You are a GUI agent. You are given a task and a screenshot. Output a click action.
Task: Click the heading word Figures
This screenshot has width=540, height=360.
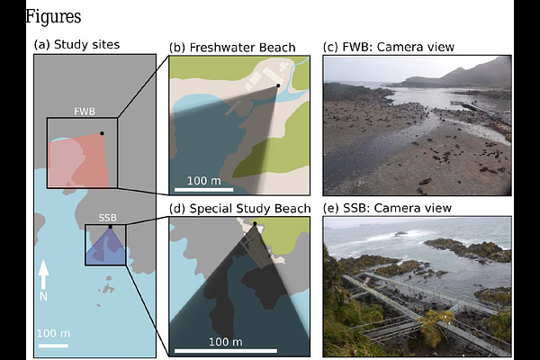53,16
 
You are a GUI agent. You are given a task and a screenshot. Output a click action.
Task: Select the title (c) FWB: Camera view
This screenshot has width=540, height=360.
388,47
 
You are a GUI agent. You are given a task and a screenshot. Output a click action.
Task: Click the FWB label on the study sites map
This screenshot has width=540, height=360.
85,112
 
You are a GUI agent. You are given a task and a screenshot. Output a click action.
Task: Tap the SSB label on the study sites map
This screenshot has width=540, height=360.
107,218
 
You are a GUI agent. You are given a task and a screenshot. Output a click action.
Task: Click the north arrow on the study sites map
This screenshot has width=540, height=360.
43,274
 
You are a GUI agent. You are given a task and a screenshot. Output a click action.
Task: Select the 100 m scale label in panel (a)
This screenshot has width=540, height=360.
51,333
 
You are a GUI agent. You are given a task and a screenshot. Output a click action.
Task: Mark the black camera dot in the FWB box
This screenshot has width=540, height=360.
102,134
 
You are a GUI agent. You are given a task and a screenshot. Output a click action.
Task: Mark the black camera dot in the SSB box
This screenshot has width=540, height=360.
111,227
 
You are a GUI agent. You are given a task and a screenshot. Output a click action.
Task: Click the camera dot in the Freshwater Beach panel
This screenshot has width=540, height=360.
278,85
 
